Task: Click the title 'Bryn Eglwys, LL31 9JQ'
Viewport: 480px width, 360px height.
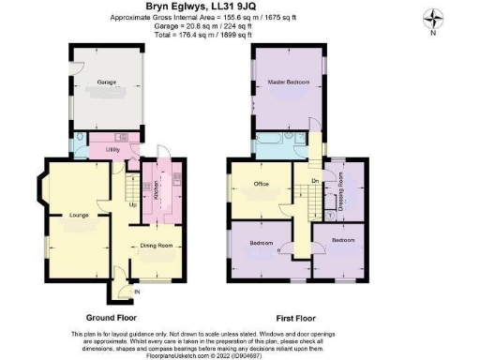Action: [239, 8]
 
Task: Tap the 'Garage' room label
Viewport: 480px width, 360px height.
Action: [107, 82]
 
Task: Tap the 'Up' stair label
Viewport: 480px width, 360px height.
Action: [131, 204]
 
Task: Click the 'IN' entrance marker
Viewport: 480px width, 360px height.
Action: [137, 292]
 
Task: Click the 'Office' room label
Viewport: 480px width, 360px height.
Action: [262, 184]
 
